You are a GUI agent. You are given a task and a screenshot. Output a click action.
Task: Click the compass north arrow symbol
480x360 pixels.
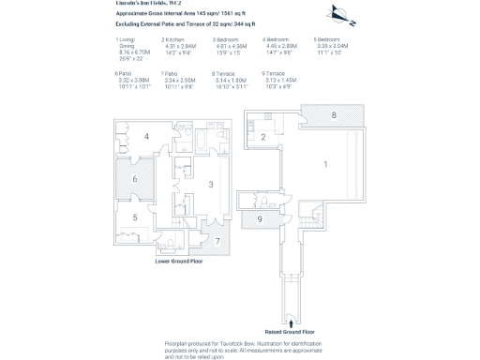point(341,14)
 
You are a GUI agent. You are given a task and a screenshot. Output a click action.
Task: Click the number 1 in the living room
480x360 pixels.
point(326,164)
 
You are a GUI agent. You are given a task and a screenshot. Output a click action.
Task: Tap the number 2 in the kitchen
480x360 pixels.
point(264,137)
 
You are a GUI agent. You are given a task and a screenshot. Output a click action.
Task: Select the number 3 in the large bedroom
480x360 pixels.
point(211,185)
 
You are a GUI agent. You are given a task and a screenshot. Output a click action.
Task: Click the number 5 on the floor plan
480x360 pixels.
point(134,217)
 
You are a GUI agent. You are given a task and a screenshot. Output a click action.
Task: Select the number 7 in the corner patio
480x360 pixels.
point(217,241)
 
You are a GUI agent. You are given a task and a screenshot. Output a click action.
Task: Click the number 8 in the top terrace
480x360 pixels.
point(333,114)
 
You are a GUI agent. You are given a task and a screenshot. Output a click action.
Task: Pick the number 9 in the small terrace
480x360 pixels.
point(260,219)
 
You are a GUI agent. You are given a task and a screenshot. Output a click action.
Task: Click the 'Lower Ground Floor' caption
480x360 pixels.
point(179,262)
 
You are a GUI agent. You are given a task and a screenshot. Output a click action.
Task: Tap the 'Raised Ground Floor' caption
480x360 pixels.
point(291,332)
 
